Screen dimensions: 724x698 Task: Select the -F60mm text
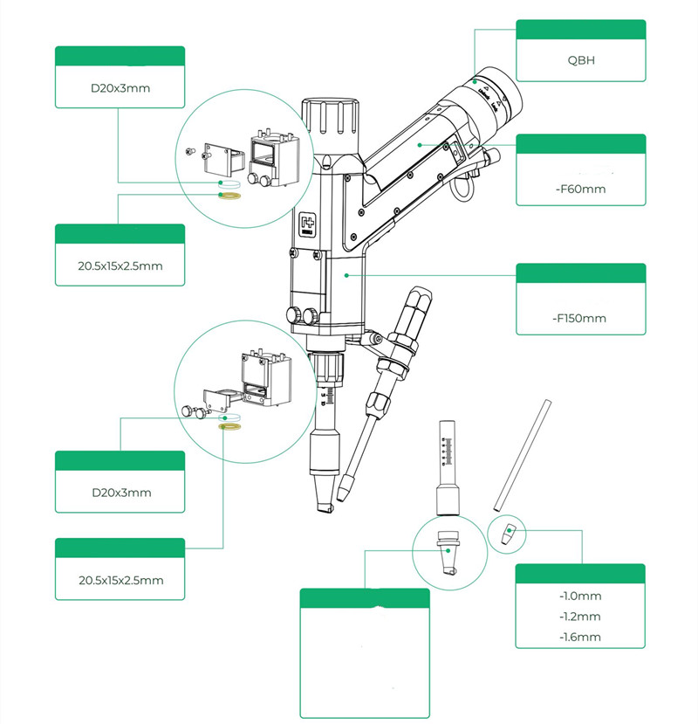[x=579, y=188]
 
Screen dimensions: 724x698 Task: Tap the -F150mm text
[x=579, y=318]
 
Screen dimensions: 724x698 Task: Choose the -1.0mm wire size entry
[x=579, y=596]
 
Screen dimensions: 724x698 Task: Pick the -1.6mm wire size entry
[x=579, y=637]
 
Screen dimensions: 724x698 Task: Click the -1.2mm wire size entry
[x=579, y=617]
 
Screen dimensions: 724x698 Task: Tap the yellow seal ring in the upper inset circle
[x=229, y=196]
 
